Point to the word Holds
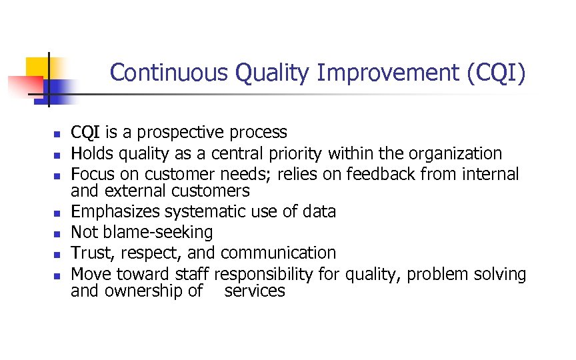(x=91, y=153)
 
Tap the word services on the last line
(x=255, y=291)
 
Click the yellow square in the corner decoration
(x=37, y=67)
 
